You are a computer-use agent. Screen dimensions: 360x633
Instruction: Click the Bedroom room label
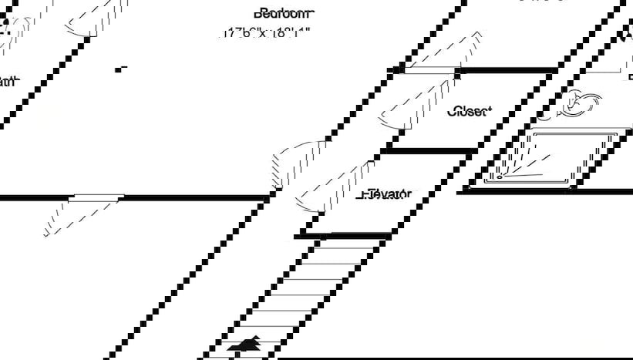[284, 13]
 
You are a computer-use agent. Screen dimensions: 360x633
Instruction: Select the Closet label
[468, 111]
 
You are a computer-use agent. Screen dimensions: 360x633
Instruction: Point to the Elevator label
[384, 194]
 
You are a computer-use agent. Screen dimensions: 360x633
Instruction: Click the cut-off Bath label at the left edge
[8, 82]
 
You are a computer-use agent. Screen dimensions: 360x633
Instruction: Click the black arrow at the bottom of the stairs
[248, 345]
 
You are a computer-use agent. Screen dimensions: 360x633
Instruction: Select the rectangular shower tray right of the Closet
[551, 158]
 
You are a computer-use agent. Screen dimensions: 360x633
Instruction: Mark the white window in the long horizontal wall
[96, 198]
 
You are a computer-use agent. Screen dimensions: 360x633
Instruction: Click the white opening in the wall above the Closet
[429, 70]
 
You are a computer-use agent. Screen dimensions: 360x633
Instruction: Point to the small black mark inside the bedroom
[120, 69]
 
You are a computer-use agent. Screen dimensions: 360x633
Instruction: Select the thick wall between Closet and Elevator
[427, 151]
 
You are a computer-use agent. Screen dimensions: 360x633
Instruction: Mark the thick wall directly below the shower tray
[544, 190]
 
